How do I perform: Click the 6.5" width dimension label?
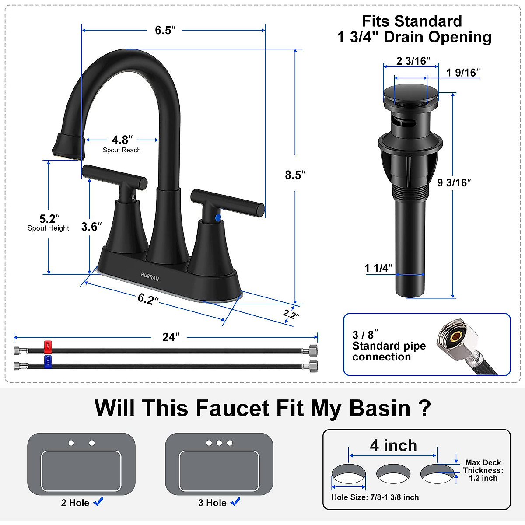[165, 30]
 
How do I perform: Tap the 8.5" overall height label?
[294, 175]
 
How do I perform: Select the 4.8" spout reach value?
[121, 140]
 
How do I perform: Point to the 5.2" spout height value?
[49, 219]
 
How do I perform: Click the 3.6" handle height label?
[91, 227]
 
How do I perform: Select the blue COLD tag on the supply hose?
[48, 360]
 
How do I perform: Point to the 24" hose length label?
[170, 337]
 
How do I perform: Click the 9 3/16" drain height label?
[454, 183]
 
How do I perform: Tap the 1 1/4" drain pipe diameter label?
[378, 268]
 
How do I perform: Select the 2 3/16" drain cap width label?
[413, 61]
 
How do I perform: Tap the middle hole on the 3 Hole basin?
[219, 443]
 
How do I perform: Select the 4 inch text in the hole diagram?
[393, 446]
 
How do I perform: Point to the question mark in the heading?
[424, 408]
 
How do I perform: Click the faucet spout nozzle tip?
[67, 148]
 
